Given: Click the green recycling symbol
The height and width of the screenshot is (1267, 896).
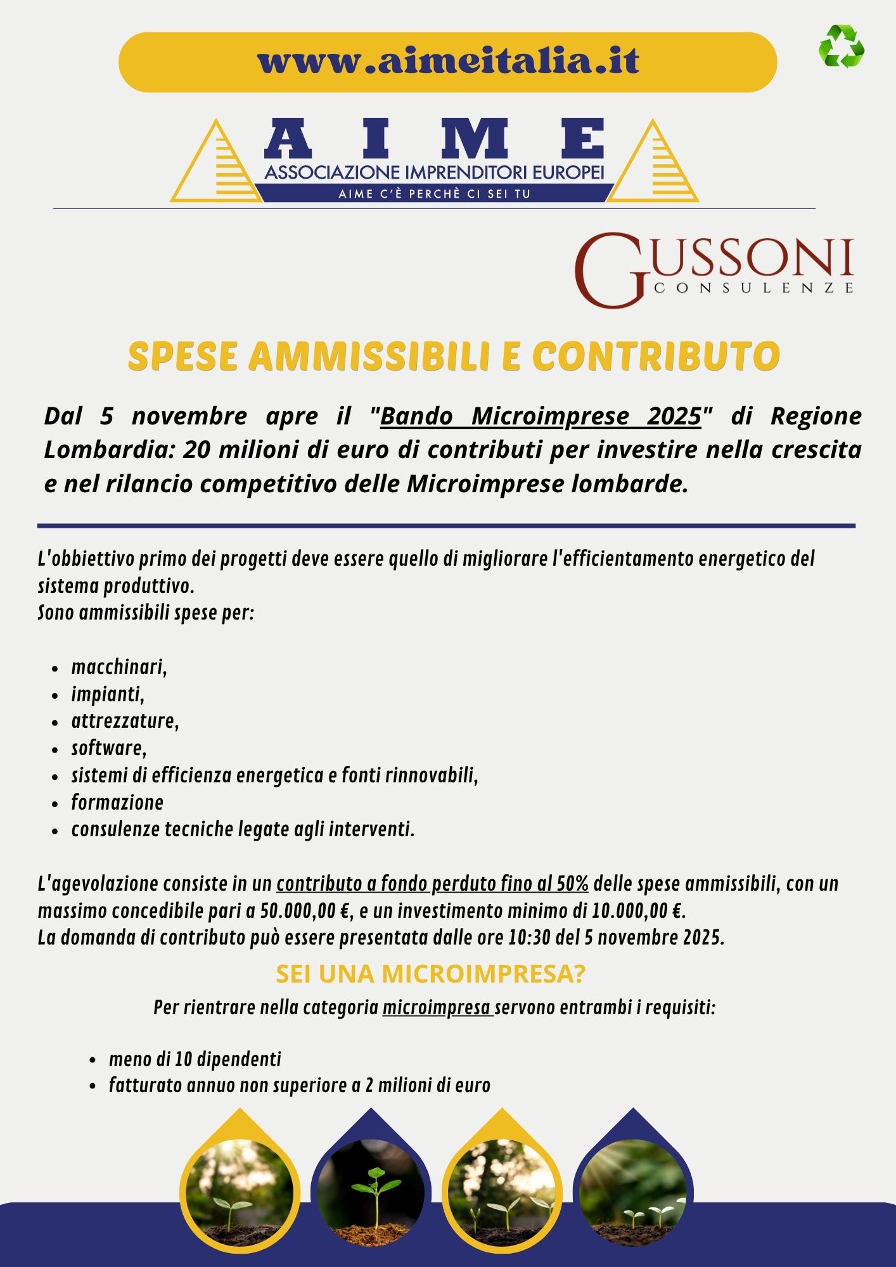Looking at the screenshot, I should click(842, 46).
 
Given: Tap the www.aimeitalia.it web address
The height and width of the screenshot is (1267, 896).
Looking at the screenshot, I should click(448, 61).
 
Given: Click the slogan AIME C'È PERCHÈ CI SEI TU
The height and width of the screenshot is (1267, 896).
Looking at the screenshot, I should click(434, 194).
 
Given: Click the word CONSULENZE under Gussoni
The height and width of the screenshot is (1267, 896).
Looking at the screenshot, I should click(753, 288).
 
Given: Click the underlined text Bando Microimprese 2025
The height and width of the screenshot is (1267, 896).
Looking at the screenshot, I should click(541, 416).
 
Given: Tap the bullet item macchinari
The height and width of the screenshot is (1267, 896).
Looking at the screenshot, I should click(118, 667).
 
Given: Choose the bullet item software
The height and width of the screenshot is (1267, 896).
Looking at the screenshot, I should click(108, 748).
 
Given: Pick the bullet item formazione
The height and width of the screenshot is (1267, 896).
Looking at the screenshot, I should click(117, 803).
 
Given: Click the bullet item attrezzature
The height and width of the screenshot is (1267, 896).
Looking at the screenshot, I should click(125, 721).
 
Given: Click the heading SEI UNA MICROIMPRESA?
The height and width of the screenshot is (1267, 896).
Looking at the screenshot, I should click(430, 974).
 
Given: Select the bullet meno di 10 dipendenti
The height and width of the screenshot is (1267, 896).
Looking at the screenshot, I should click(195, 1059).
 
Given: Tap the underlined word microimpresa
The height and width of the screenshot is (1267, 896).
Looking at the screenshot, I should click(437, 1008).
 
